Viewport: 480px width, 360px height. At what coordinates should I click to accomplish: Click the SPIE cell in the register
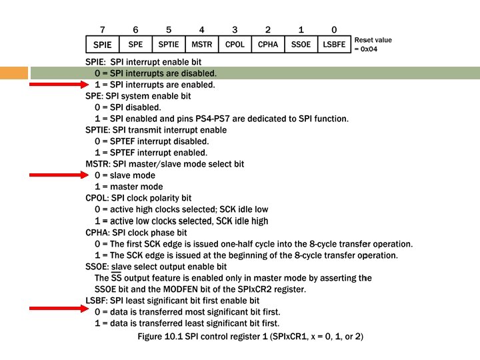[x=103, y=44]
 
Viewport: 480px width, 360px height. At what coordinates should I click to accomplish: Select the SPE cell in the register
[x=135, y=44]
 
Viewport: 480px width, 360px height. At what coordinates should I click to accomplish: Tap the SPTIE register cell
[x=169, y=44]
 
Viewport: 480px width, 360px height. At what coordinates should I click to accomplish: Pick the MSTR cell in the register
[x=201, y=44]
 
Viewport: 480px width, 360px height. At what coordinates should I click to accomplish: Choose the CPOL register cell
[x=235, y=44]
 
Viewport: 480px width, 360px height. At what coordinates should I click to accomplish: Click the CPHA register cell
[x=267, y=44]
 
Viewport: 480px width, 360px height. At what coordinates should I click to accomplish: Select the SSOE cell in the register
[x=301, y=44]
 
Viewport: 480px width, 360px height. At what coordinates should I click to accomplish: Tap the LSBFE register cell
[x=334, y=44]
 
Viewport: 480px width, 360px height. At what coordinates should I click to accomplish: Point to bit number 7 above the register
[x=102, y=29]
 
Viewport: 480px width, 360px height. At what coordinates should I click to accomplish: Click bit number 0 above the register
[x=334, y=29]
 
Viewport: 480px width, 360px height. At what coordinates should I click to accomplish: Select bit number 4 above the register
[x=201, y=29]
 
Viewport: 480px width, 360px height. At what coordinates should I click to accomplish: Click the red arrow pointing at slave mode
[x=59, y=175]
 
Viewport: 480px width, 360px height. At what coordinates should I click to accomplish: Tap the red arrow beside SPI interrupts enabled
[x=59, y=85]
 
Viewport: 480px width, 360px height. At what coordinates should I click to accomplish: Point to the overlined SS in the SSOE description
[x=116, y=277]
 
